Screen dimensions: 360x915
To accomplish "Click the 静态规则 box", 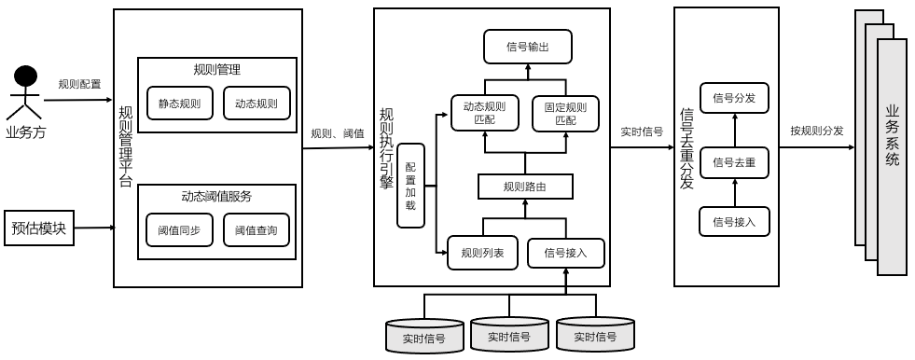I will coord(179,103).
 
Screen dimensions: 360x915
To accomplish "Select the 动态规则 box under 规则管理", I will coord(256,103).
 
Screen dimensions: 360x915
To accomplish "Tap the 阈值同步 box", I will coord(179,230).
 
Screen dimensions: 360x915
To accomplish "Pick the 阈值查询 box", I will coord(256,230).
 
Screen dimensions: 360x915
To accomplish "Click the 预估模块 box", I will coord(39,228).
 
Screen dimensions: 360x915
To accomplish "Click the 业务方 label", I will coord(26,132).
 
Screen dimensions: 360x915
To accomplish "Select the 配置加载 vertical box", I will coord(410,186).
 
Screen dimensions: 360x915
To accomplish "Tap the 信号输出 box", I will coord(527,47).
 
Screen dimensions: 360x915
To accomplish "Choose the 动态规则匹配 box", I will coord(484,113).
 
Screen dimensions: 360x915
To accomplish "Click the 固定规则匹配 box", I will coord(565,113).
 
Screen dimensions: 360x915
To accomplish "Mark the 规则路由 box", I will coord(524,187).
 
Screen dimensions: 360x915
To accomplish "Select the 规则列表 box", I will coord(482,253).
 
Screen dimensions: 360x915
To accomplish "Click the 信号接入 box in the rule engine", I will coord(565,253).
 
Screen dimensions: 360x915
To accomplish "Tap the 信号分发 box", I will coord(733,98).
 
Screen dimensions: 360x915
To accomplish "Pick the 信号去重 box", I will coord(733,161).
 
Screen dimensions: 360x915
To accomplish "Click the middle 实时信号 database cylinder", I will coord(509,335).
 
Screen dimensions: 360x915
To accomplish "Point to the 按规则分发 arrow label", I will coord(816,131).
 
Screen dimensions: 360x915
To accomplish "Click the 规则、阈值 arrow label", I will coord(338,132).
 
